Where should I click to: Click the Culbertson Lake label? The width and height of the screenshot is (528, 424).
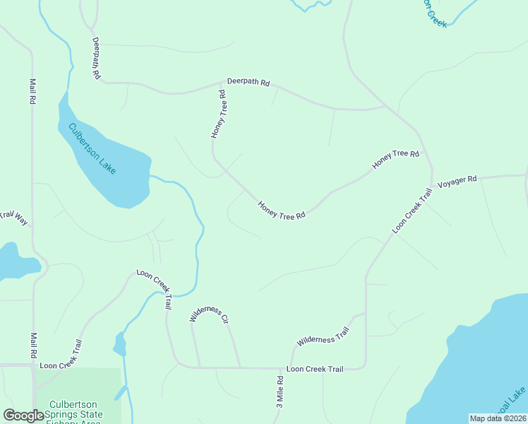92,149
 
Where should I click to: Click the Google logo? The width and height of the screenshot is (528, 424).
23,416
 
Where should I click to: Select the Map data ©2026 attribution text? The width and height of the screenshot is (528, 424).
498,418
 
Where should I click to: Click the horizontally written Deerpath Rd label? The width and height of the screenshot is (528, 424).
248,83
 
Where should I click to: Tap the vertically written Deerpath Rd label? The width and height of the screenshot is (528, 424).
96,58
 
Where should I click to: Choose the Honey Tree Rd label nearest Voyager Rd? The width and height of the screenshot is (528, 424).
396,159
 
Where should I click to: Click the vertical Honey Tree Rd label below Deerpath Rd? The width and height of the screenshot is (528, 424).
218,114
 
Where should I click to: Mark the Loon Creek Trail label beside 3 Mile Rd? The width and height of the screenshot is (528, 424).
315,369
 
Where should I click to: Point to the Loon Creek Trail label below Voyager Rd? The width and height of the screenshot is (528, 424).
412,211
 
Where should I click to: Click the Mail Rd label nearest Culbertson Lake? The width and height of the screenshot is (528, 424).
32,92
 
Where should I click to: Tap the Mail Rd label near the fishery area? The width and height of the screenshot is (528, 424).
32,346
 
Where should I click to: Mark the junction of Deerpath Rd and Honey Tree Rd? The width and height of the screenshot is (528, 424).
225,84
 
